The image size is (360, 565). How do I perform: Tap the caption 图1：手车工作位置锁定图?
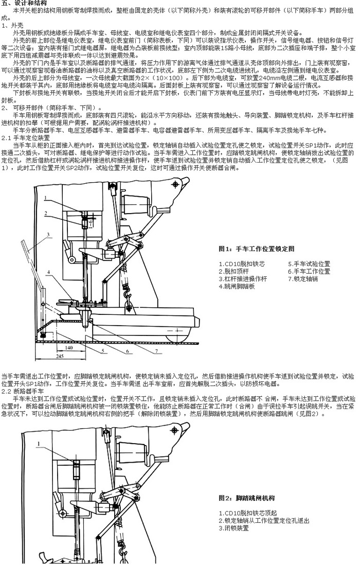(x=256, y=249)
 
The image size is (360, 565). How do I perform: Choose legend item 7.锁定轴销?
(x=303, y=278)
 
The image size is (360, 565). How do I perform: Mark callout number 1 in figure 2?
(x=39, y=443)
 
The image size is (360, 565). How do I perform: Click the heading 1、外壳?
(x=11, y=25)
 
